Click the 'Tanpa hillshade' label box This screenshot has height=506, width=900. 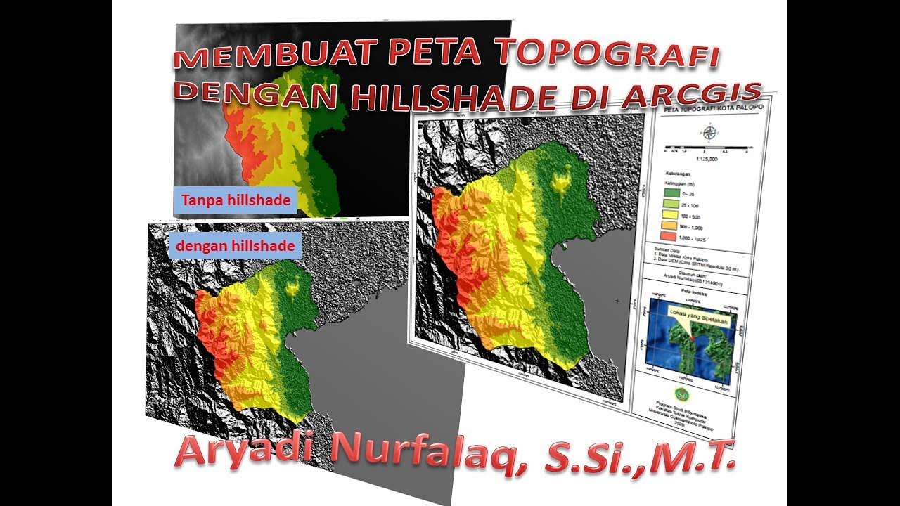[x=236, y=201]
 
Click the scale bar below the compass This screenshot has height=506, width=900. [x=709, y=148]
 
